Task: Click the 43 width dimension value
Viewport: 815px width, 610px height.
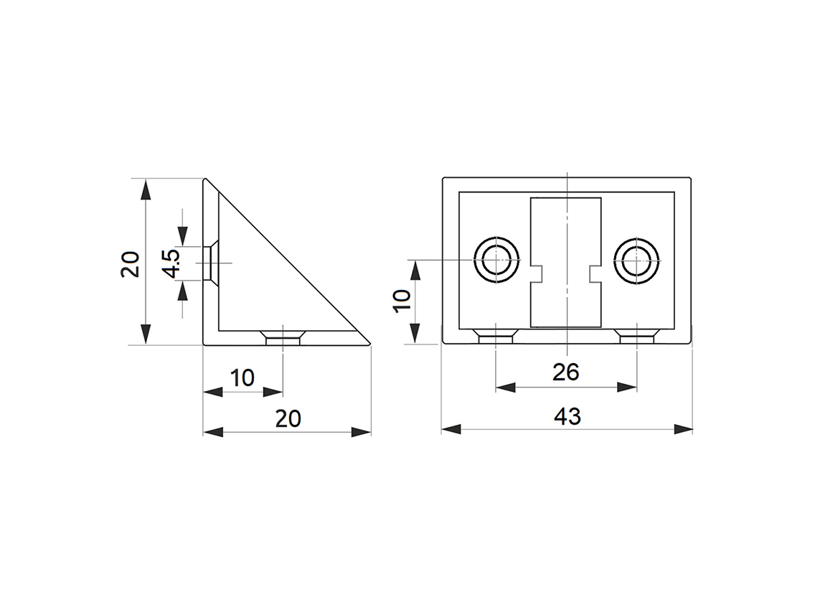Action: (567, 416)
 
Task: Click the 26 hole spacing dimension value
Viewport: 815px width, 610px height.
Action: (565, 372)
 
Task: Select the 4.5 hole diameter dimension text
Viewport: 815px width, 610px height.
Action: (171, 263)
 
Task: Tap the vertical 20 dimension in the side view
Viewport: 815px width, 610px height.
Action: (130, 263)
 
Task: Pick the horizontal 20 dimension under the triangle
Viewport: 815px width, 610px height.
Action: (288, 418)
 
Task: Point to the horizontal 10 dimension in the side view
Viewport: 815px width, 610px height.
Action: (242, 377)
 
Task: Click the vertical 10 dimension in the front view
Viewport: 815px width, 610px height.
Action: (402, 299)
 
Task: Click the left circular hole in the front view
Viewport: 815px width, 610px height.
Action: (496, 260)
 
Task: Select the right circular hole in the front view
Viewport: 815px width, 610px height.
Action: (636, 260)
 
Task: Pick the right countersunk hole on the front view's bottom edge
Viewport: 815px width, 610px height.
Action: (636, 335)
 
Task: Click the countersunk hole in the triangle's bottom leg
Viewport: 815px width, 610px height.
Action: (283, 337)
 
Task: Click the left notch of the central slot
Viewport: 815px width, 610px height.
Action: (536, 273)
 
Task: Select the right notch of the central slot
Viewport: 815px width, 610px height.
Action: (595, 273)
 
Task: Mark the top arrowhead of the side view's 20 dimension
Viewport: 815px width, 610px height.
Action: (146, 190)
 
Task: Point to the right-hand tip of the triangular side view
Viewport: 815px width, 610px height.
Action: (369, 344)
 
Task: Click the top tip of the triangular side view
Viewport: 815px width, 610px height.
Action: (206, 180)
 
